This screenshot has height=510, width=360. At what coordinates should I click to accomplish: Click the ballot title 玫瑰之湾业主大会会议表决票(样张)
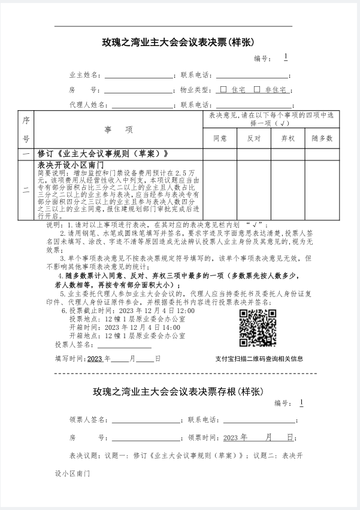[179, 42]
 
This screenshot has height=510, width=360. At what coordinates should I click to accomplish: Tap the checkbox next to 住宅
[223, 90]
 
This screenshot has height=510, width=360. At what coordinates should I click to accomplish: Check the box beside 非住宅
[257, 90]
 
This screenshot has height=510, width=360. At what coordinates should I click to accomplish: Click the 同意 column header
[220, 138]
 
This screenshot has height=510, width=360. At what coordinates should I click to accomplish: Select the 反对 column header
[254, 138]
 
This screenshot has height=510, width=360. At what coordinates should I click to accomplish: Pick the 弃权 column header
[288, 138]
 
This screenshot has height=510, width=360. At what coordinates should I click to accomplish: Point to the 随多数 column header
[322, 138]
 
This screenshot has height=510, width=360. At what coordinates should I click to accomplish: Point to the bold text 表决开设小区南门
[71, 164]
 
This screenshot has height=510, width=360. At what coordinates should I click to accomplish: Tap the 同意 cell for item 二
[220, 190]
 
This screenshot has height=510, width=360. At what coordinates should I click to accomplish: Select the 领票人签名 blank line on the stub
[146, 422]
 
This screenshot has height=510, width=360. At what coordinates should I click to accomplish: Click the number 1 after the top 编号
[286, 57]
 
